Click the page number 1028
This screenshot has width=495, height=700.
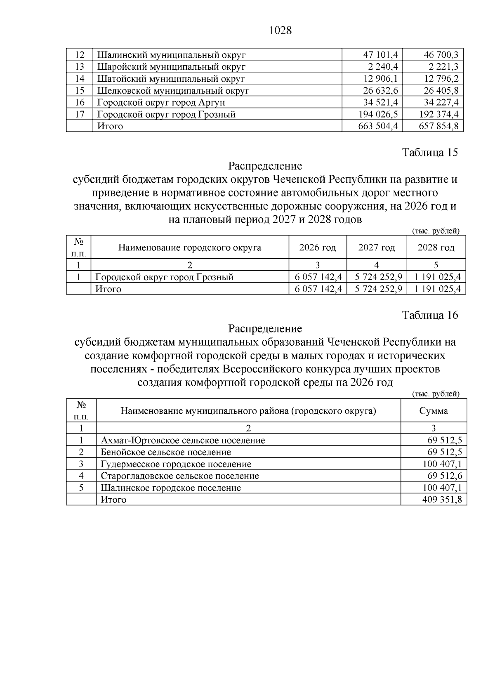pyautogui.click(x=280, y=31)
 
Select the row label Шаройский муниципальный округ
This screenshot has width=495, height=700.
pyautogui.click(x=171, y=67)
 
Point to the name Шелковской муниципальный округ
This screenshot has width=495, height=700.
pyautogui.click(x=173, y=91)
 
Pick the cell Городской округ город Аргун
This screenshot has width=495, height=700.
pyautogui.click(x=161, y=103)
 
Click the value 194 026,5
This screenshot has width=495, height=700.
pyautogui.click(x=378, y=114)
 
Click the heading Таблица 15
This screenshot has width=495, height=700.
pyautogui.click(x=430, y=153)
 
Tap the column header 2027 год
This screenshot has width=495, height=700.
pyautogui.click(x=376, y=247)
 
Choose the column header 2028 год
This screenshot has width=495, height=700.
pyautogui.click(x=436, y=247)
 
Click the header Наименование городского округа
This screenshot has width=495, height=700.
pyautogui.click(x=189, y=247)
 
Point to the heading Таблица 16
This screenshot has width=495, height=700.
pyautogui.click(x=430, y=315)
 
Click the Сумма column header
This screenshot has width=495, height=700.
pyautogui.click(x=433, y=411)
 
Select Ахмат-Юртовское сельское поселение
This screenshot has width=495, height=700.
pyautogui.click(x=183, y=441)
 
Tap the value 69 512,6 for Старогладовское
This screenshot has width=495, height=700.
pyautogui.click(x=445, y=476)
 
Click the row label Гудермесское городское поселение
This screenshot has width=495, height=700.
pyautogui.click(x=176, y=464)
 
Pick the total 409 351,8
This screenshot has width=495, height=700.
pyautogui.click(x=442, y=500)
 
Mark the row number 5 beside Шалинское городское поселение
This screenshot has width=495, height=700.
pyautogui.click(x=81, y=488)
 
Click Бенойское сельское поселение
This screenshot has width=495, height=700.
pyautogui.click(x=166, y=453)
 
